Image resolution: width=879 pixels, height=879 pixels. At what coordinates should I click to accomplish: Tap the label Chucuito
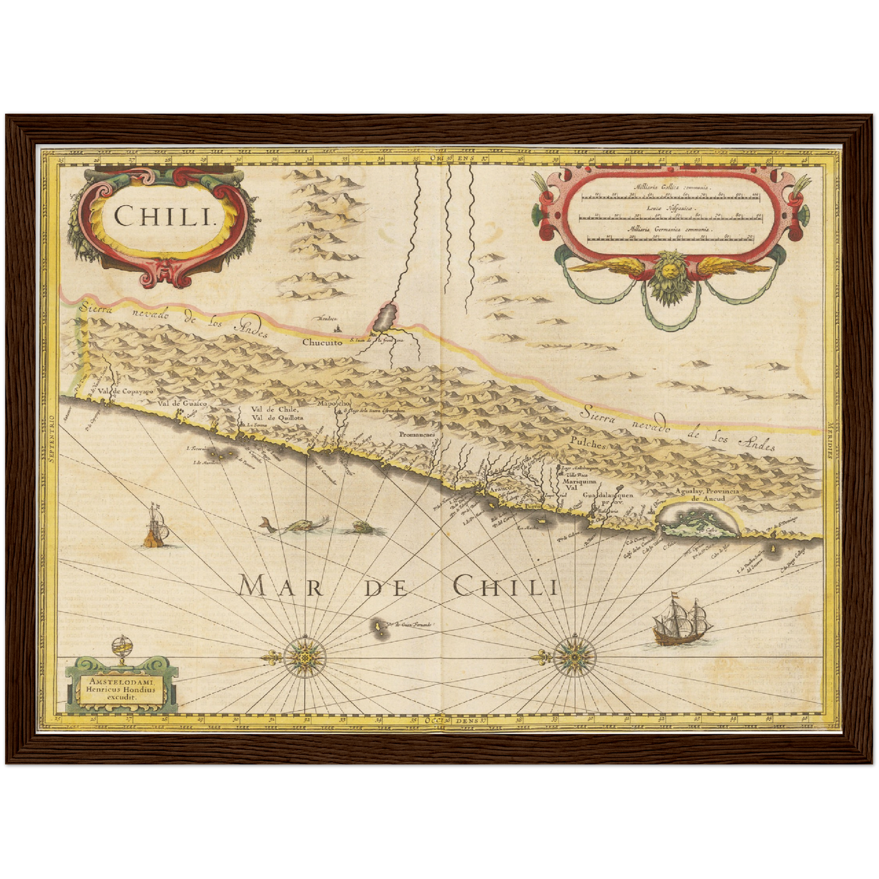coord(322,342)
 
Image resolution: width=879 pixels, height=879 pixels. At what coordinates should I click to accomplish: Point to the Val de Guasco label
coord(182,403)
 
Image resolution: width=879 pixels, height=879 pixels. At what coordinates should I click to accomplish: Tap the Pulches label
coord(588,445)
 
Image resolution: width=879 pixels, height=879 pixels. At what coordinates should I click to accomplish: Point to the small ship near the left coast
coord(156,526)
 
